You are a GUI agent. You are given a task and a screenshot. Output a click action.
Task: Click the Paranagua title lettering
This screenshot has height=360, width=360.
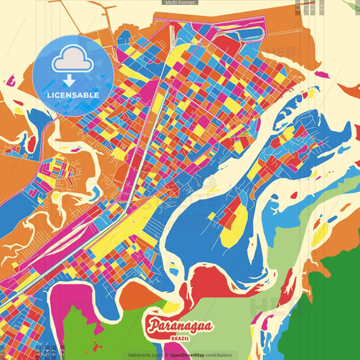(179, 327)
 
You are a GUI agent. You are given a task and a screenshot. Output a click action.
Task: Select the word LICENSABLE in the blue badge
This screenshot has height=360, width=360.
(73, 95)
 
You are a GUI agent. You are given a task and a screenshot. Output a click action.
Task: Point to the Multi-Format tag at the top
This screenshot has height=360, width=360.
(180, 3)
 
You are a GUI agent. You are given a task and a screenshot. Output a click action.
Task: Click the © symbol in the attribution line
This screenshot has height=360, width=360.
(165, 355)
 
